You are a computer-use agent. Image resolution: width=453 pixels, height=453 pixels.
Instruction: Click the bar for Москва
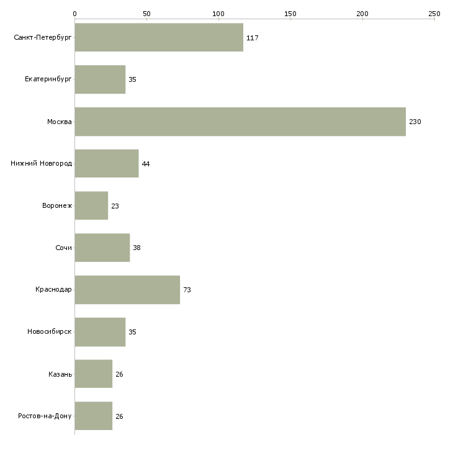240,122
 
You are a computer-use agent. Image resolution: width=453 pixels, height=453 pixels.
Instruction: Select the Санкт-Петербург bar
159,37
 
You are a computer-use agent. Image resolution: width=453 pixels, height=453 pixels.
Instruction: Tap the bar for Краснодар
127,290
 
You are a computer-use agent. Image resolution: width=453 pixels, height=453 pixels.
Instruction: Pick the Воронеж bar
91,205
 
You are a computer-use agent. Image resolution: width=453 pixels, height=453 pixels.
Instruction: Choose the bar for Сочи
102,248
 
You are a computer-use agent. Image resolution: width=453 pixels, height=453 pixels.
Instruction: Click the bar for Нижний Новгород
107,164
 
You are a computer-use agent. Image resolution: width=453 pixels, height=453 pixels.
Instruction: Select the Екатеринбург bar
100,79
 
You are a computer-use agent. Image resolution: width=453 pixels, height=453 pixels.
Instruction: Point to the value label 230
415,122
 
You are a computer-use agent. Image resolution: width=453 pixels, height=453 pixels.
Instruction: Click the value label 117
252,38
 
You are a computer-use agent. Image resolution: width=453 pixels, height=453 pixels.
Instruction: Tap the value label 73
187,290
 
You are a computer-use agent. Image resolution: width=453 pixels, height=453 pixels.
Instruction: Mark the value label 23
115,206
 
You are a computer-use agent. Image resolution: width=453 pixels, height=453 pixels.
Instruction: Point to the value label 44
146,164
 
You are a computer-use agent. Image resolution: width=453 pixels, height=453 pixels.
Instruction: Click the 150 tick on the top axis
290,14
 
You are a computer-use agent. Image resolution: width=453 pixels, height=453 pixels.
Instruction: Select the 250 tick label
434,14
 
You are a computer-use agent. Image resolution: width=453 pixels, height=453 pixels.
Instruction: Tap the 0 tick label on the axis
75,14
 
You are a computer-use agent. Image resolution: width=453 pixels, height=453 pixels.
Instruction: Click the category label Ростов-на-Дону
45,416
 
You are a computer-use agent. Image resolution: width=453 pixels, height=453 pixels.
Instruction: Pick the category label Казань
60,374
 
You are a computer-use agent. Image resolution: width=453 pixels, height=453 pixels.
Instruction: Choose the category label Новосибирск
50,331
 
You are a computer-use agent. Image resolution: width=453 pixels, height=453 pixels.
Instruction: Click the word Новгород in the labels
56,164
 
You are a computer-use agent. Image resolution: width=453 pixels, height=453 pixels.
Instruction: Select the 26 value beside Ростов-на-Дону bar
119,416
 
